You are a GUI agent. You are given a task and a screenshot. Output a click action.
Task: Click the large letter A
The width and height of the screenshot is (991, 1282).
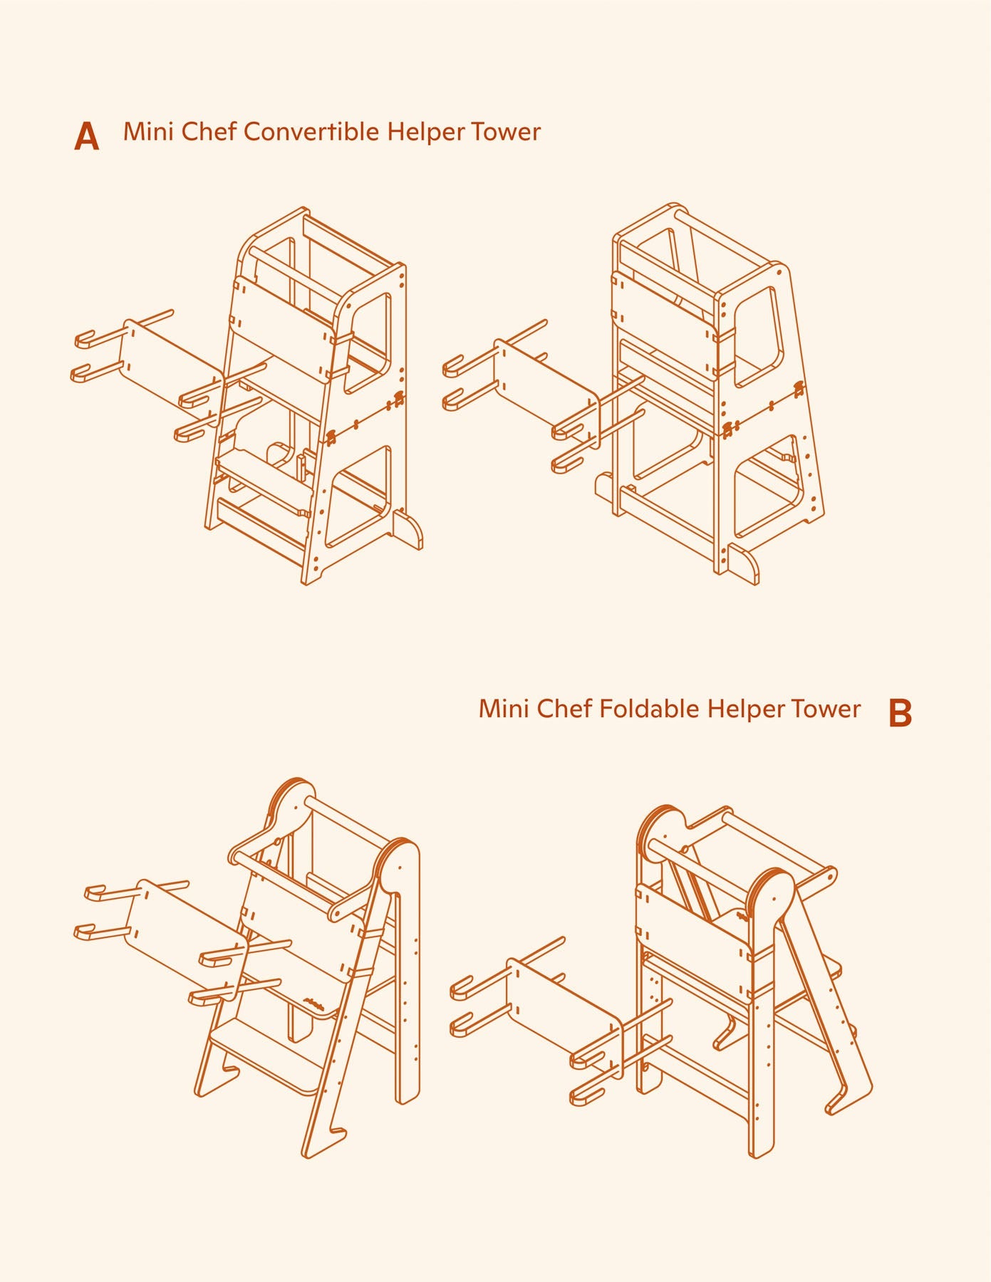click(x=86, y=136)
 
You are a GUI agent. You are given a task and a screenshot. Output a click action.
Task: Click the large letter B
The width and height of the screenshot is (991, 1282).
click(x=900, y=713)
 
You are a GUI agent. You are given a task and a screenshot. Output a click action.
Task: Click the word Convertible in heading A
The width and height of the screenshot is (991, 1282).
click(x=311, y=132)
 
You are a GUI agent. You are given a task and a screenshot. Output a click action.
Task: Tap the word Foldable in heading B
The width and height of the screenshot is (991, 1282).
click(x=649, y=709)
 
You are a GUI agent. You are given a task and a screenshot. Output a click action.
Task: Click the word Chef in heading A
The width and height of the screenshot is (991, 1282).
click(x=209, y=132)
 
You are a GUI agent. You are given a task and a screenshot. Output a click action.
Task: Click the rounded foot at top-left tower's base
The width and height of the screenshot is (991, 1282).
click(x=408, y=530)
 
